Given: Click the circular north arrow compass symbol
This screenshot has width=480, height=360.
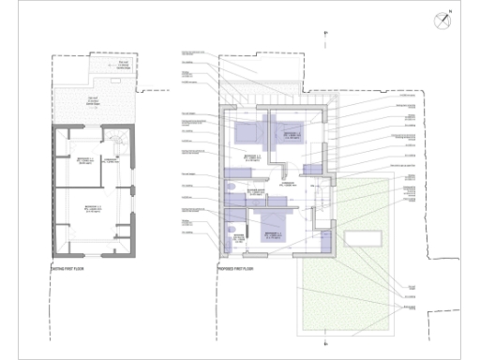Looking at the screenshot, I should pyautogui.click(x=442, y=20).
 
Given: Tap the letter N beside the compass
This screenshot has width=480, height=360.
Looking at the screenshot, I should pyautogui.click(x=450, y=11).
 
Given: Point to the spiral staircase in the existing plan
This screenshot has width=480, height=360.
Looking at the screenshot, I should pyautogui.click(x=116, y=142).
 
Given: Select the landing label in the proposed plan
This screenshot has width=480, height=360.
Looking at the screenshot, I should pyautogui.click(x=286, y=187).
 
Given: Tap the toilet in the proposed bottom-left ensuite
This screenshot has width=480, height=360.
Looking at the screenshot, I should pyautogui.click(x=230, y=231).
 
